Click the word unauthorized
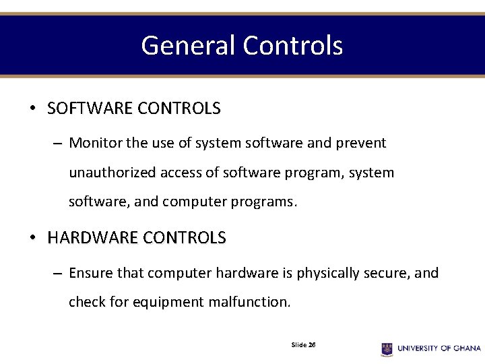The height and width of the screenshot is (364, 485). tap(112, 173)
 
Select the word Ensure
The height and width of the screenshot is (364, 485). tap(91, 273)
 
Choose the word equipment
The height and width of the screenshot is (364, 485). tap(168, 302)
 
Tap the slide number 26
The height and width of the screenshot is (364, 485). tap(312, 344)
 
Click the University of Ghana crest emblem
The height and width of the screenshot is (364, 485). tap(387, 348)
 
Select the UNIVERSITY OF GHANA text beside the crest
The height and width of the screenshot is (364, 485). tap(439, 348)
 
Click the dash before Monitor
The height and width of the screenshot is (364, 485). tap(57, 144)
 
